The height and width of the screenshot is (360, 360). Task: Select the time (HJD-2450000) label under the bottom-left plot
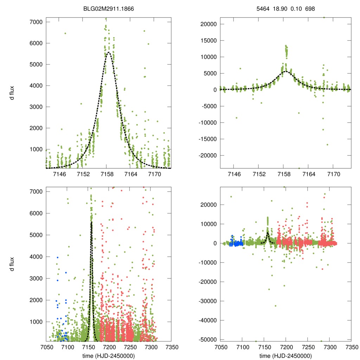(109, 355)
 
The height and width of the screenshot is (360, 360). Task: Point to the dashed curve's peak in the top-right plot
(285, 71)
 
